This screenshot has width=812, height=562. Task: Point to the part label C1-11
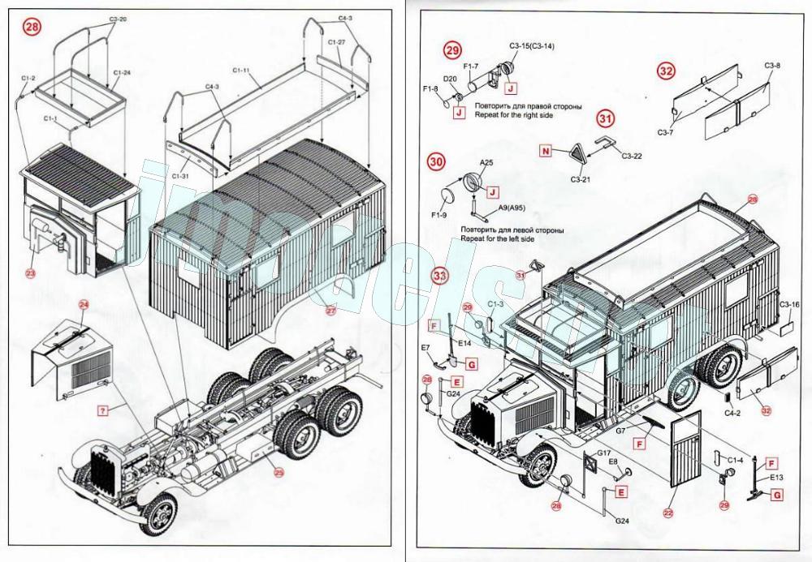tap(240, 72)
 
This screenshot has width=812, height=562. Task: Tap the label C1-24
tap(123, 73)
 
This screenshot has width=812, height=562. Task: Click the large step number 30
tap(437, 162)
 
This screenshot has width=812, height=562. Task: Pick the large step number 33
tap(440, 276)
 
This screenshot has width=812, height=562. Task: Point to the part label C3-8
tap(772, 65)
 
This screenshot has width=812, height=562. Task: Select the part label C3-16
tap(790, 304)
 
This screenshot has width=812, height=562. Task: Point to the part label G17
tap(603, 453)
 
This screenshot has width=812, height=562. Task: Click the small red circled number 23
tap(30, 273)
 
